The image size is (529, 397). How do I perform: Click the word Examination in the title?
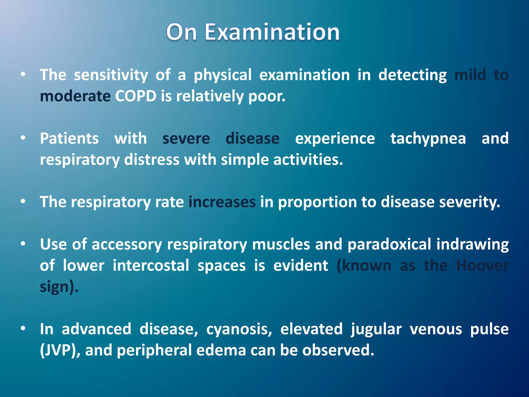tap(272, 32)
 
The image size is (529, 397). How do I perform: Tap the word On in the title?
tap(181, 32)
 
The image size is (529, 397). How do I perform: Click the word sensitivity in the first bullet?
tap(111, 75)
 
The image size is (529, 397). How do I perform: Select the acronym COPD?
tap(136, 96)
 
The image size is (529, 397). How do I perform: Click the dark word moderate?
tap(75, 96)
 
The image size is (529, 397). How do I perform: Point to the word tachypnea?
tap(428, 139)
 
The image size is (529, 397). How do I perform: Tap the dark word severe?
tap(186, 139)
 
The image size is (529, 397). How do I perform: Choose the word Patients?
tap(69, 138)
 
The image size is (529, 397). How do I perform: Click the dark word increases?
tap(222, 202)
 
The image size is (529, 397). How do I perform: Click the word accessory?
tap(127, 245)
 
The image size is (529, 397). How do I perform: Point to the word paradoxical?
tap(389, 245)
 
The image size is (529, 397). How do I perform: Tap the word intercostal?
tap(151, 266)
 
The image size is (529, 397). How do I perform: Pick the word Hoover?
tap(482, 266)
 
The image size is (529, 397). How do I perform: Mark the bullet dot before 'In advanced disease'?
tap(23, 329)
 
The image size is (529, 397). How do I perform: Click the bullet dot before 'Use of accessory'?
tap(23, 244)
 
